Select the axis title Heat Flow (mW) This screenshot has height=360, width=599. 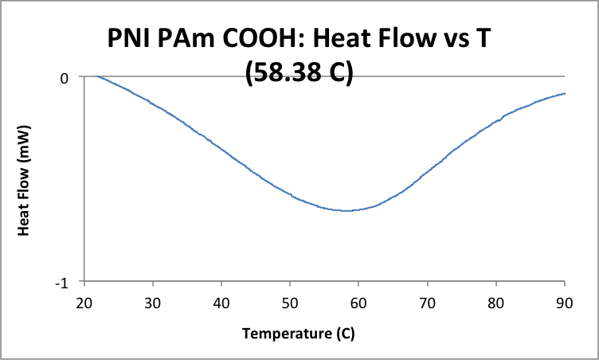[24, 179]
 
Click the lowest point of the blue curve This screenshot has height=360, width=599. [346, 210]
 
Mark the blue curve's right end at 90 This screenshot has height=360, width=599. [565, 93]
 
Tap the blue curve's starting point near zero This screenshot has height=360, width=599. [96, 77]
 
